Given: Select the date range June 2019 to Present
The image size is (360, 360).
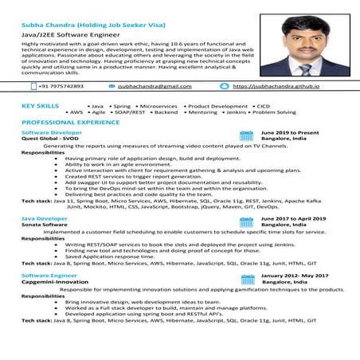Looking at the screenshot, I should tap(290, 132).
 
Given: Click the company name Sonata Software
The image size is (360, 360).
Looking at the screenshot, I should tap(44, 225).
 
